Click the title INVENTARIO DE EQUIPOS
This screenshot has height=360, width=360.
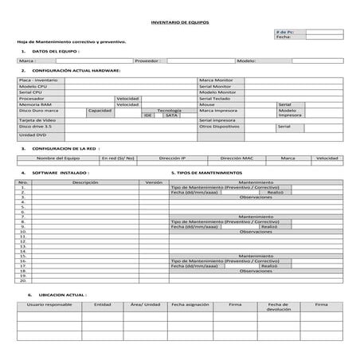point(180,22)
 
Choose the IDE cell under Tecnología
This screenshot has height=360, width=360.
point(148,115)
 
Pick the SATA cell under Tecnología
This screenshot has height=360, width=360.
point(170,115)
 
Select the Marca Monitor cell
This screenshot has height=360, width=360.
point(217,80)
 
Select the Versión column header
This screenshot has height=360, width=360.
point(154,182)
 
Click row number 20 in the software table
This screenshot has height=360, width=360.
point(23,281)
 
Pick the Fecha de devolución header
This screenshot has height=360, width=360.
point(278,307)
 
